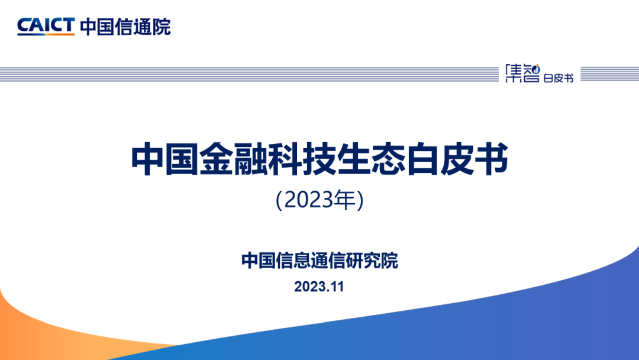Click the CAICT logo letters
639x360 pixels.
coord(46,25)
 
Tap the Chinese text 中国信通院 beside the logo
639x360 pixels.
coord(125,27)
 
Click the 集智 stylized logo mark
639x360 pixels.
coord(522,73)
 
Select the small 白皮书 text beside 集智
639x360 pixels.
coord(559,78)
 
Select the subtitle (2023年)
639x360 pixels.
coord(319,200)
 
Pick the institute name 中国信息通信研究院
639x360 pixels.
coord(319,261)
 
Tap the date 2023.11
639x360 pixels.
coord(319,287)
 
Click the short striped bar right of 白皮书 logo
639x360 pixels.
coord(609,74)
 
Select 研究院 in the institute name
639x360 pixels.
coord(372,261)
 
